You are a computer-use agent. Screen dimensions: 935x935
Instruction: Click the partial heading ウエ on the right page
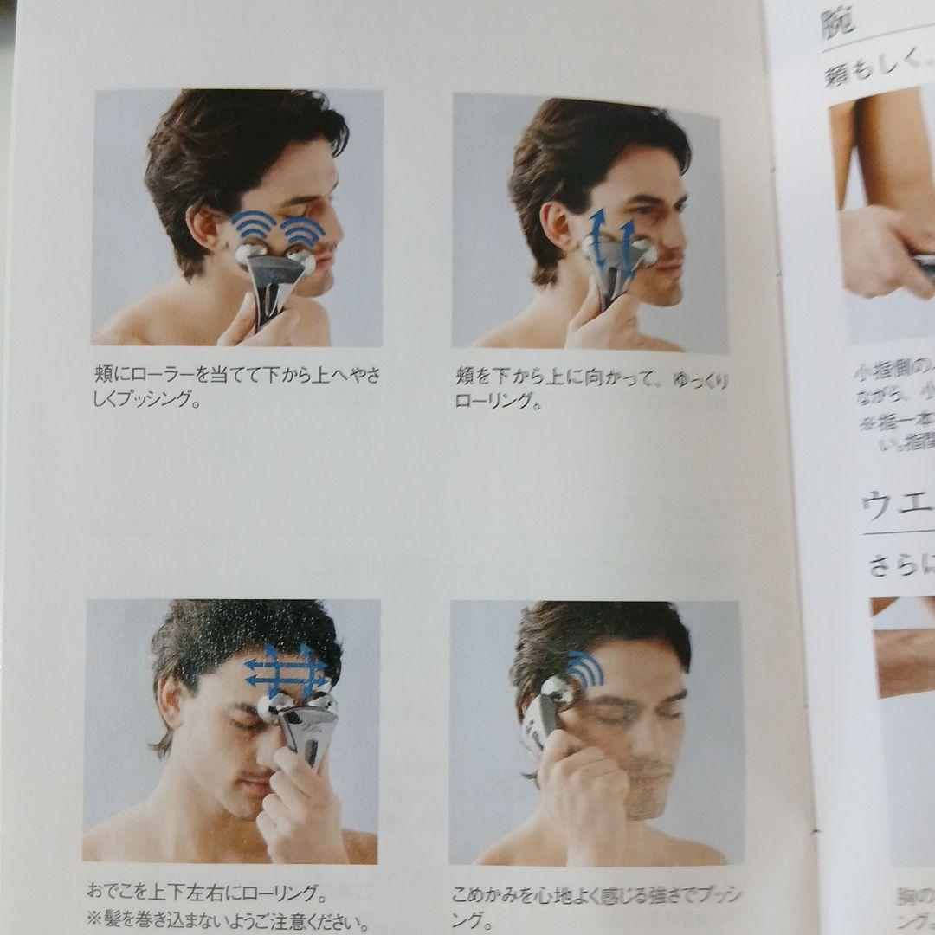[896, 505]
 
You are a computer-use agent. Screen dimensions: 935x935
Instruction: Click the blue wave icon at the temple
[584, 669]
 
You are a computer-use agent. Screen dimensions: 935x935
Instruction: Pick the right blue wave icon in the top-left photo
[302, 229]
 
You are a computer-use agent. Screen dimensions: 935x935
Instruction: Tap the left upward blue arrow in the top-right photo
[597, 229]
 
